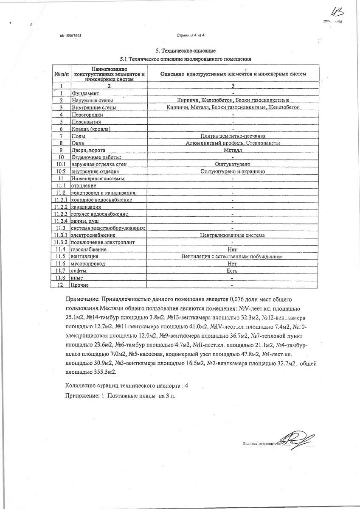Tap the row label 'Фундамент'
pyautogui.click(x=85, y=93)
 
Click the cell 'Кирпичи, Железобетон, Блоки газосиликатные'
pyautogui.click(x=233, y=101)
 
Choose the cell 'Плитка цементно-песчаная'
pyautogui.click(x=233, y=136)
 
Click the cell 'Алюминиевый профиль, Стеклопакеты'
pyautogui.click(x=233, y=143)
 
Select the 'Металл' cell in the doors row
pyautogui.click(x=233, y=150)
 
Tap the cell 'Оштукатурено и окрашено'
pyautogui.click(x=233, y=171)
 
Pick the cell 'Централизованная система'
pyautogui.click(x=233, y=235)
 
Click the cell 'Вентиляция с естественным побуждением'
pyautogui.click(x=233, y=257)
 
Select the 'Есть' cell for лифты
pyautogui.click(x=233, y=271)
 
